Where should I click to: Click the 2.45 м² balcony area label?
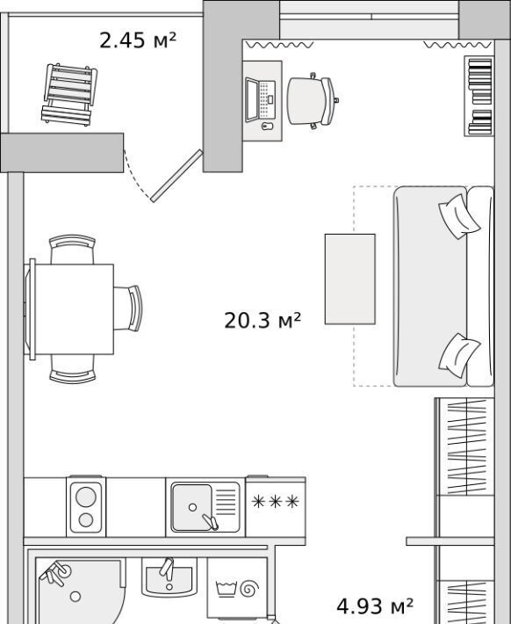(x=138, y=40)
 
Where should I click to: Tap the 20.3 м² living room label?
(x=263, y=320)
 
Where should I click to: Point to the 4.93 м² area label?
(x=375, y=606)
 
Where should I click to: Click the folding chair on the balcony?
(x=69, y=94)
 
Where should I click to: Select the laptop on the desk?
(x=260, y=100)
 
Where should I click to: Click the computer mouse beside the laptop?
(x=268, y=127)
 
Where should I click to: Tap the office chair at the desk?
(x=313, y=101)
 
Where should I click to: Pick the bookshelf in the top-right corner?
(x=479, y=96)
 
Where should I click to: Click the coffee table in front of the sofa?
(x=350, y=279)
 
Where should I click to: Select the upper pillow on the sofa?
(x=459, y=216)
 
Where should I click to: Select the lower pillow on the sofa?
(x=459, y=355)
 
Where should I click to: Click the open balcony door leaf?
(x=176, y=176)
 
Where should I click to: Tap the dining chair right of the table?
(x=128, y=308)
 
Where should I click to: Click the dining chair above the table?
(x=72, y=249)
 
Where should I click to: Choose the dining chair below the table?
(x=72, y=369)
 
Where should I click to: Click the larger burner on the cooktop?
(x=86, y=497)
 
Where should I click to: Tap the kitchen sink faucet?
(x=210, y=522)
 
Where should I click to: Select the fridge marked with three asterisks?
(x=276, y=507)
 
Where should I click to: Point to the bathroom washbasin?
(x=169, y=577)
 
